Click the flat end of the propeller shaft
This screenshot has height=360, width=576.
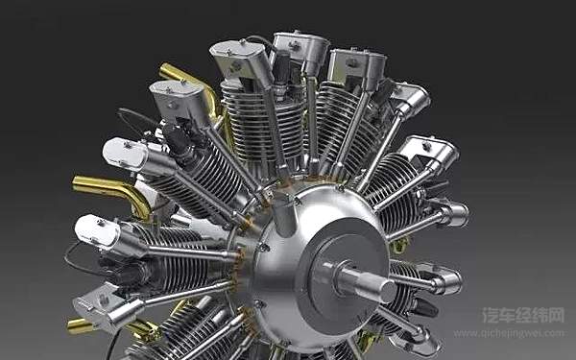pos(388,291)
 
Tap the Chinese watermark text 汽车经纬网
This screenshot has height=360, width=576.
pos(523,315)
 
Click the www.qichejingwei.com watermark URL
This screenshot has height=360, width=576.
pos(509,333)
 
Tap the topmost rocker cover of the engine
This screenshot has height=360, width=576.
pos(301,47)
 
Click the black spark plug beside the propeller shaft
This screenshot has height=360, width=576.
pos(426,308)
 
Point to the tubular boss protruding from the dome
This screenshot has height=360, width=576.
pos(283,216)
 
